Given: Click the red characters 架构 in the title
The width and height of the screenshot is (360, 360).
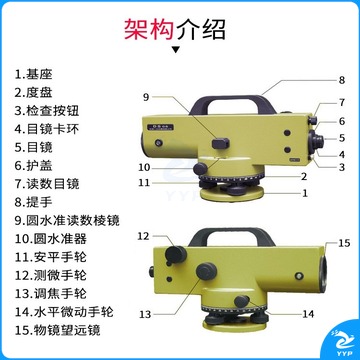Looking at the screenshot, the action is pyautogui.click(x=150, y=30).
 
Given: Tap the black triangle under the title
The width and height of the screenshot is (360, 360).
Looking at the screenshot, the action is pyautogui.click(x=176, y=50).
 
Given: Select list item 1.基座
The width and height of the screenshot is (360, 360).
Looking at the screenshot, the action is pyautogui.click(x=33, y=74).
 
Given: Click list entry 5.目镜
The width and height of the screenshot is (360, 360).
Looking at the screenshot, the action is pyautogui.click(x=33, y=147).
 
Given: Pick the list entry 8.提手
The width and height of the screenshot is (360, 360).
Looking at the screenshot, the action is pyautogui.click(x=33, y=202).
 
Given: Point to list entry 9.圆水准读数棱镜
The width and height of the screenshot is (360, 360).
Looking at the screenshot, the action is pyautogui.click(x=67, y=220).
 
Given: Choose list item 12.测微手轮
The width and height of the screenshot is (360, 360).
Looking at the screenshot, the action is pyautogui.click(x=51, y=275).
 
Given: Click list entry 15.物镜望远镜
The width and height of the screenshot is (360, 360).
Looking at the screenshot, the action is pyautogui.click(x=57, y=330).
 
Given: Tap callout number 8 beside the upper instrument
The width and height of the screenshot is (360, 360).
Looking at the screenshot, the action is pyautogui.click(x=342, y=80).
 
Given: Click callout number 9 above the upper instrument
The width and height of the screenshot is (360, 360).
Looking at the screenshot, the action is pyautogui.click(x=147, y=97).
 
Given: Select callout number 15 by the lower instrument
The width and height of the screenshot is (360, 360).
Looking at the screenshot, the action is pyautogui.click(x=344, y=243).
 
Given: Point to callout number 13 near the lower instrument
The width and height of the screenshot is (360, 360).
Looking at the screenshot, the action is pyautogui.click(x=145, y=314).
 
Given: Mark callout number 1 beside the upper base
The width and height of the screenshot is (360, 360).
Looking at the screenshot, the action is pyautogui.click(x=305, y=193).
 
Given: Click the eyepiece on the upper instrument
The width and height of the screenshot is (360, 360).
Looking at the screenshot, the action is pyautogui.click(x=317, y=141).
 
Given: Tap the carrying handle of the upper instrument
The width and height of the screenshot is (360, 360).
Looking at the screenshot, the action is pyautogui.click(x=232, y=104).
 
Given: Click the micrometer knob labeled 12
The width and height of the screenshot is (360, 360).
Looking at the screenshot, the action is pyautogui.click(x=176, y=254).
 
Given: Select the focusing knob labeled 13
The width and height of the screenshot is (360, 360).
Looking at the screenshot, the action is pyautogui.click(x=207, y=272).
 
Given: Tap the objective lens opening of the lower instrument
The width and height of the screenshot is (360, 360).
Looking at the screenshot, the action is pyautogui.click(x=324, y=273).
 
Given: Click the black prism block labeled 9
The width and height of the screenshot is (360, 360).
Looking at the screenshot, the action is pyautogui.click(x=220, y=143).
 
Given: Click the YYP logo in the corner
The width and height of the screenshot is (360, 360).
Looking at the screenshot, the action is pyautogui.click(x=341, y=344).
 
